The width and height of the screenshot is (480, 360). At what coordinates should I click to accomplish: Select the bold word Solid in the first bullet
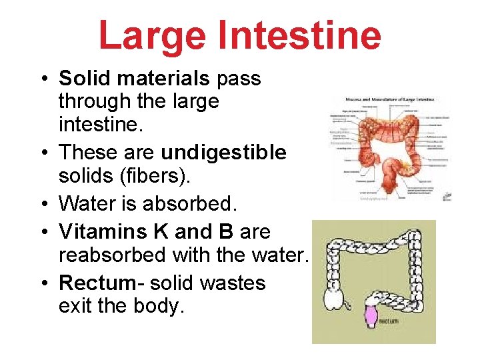[x=79, y=79]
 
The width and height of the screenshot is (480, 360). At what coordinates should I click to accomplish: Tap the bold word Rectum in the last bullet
[x=97, y=283]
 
